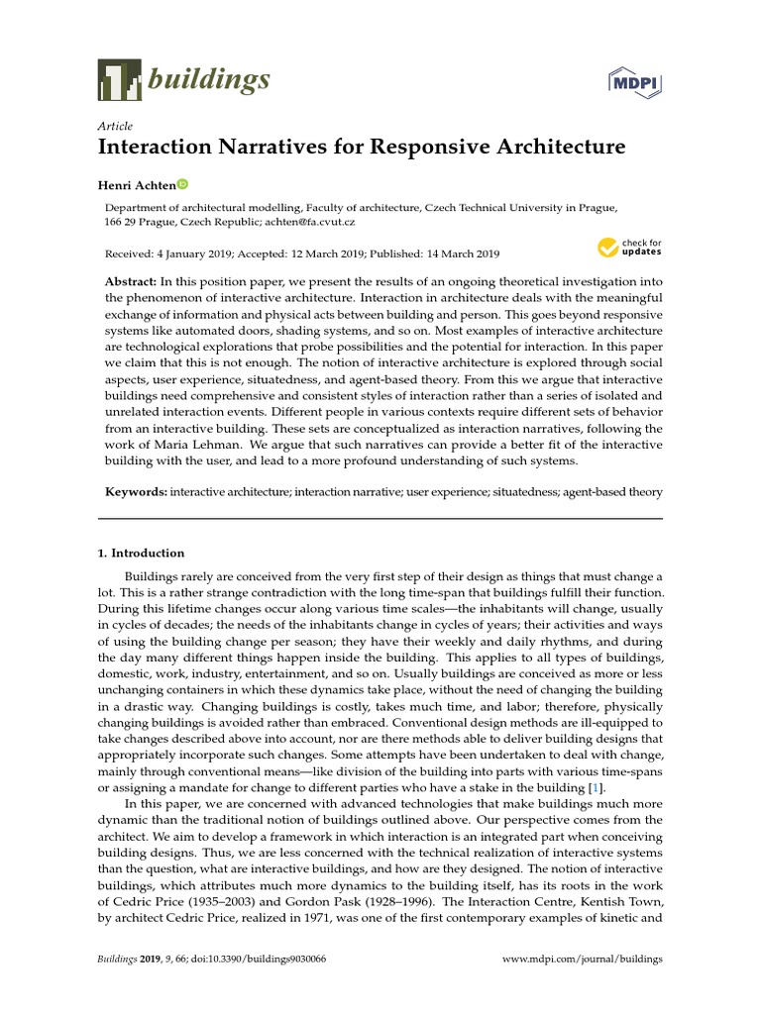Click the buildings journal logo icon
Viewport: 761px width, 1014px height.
click(x=118, y=79)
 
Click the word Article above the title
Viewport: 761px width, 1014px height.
click(x=115, y=126)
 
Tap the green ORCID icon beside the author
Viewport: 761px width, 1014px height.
click(x=182, y=184)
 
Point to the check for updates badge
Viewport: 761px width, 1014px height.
click(x=628, y=248)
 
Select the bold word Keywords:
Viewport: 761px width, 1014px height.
click(x=137, y=491)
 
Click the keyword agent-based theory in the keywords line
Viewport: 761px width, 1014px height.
click(x=616, y=491)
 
